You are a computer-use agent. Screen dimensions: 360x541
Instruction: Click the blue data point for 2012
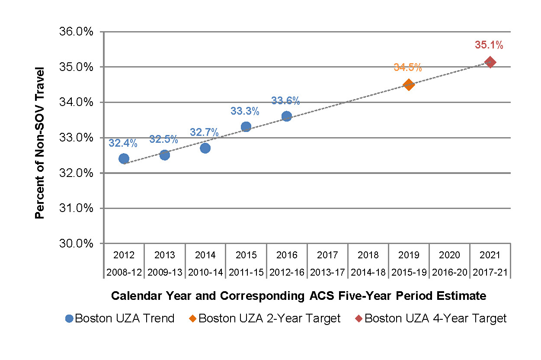[124, 159]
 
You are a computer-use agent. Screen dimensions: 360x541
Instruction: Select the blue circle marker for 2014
[205, 148]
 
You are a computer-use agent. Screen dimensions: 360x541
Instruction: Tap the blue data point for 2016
[286, 116]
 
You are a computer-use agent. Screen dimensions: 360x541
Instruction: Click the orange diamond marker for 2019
[409, 84]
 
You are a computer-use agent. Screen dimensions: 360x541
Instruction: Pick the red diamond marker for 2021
[490, 62]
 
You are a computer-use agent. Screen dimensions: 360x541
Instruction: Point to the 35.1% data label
[489, 45]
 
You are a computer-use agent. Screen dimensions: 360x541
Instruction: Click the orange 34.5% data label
[407, 67]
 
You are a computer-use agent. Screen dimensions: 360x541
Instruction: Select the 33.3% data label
[245, 112]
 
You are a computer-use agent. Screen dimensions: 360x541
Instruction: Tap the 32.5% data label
[163, 139]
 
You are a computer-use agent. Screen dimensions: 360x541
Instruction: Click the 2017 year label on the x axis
[327, 255]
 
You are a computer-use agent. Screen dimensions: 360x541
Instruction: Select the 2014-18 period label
[368, 273]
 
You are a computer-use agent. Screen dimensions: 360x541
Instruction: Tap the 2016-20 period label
[449, 273]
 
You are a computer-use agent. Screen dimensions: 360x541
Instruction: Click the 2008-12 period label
[124, 273]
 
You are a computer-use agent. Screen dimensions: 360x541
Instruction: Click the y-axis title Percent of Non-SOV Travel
[40, 143]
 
